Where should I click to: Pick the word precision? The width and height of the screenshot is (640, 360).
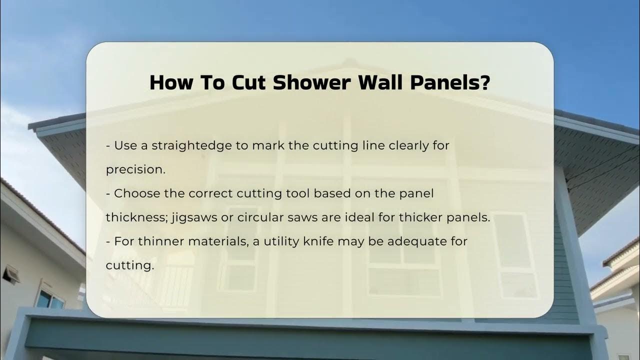click(x=134, y=169)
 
